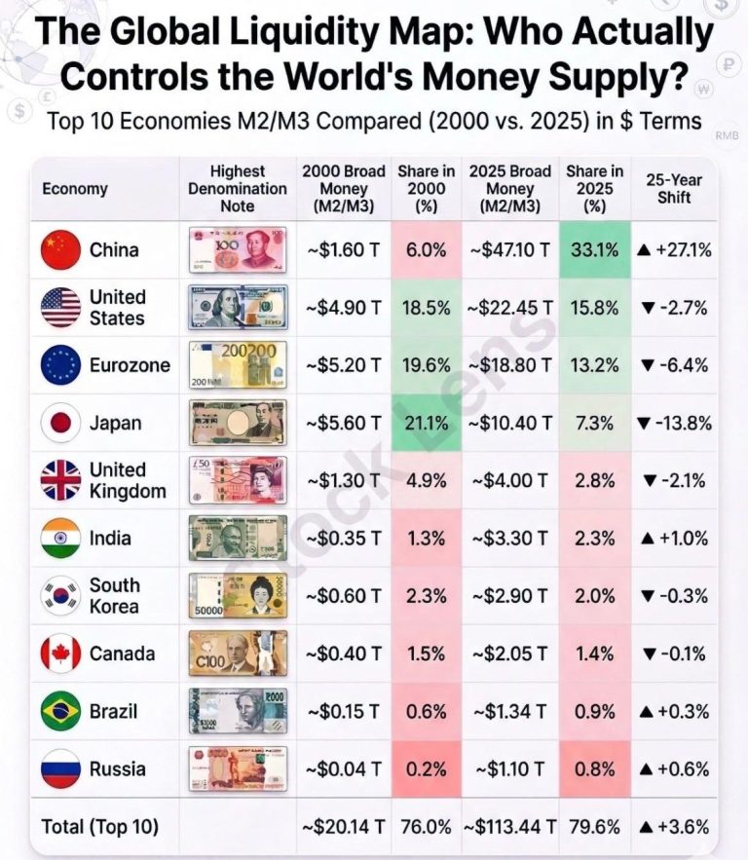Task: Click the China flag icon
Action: click(x=60, y=250)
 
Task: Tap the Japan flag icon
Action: click(x=60, y=424)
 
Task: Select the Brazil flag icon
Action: click(x=60, y=712)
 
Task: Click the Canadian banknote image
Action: click(x=238, y=654)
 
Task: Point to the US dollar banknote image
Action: click(x=238, y=308)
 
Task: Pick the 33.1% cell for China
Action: click(x=594, y=250)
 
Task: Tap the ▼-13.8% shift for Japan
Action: click(x=673, y=424)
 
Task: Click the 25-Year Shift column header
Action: click(x=673, y=188)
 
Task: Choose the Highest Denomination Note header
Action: click(x=238, y=188)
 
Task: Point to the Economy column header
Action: click(x=75, y=189)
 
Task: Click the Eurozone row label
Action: click(x=130, y=366)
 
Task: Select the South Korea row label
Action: click(x=115, y=596)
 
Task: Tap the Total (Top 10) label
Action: click(x=99, y=827)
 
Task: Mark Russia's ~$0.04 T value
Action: click(x=343, y=769)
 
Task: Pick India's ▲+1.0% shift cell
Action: click(x=673, y=539)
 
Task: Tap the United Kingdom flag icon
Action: click(x=60, y=481)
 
